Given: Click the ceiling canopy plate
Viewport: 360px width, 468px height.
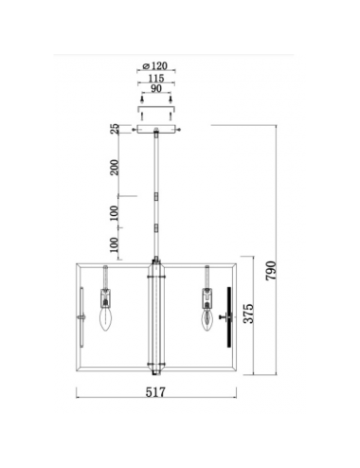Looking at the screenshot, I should click(x=156, y=131).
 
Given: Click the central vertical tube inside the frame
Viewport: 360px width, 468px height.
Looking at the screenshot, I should click(x=156, y=313).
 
